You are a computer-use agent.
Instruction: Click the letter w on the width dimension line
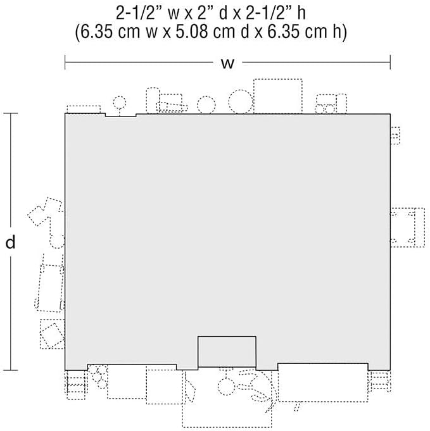(x=227, y=63)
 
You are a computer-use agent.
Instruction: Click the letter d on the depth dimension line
(x=11, y=242)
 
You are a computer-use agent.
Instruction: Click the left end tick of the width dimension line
(x=65, y=63)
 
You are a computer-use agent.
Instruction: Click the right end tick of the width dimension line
(x=390, y=63)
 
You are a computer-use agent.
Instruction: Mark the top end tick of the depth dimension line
(x=11, y=113)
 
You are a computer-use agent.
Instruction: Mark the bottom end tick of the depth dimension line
(x=11, y=370)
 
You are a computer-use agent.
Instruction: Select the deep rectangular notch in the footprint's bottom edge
(x=227, y=351)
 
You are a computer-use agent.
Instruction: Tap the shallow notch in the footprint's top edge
(x=121, y=115)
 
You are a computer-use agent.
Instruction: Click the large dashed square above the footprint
(x=278, y=96)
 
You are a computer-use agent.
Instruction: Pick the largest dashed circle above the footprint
(x=241, y=101)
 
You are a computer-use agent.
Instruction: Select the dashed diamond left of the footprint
(x=53, y=335)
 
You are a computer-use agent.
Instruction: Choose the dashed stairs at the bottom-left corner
(x=76, y=385)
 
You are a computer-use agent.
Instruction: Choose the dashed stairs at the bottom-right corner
(x=380, y=382)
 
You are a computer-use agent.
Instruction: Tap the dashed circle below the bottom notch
(x=226, y=387)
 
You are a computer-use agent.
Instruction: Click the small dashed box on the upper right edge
(x=395, y=135)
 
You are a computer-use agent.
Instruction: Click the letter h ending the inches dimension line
(x=301, y=13)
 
